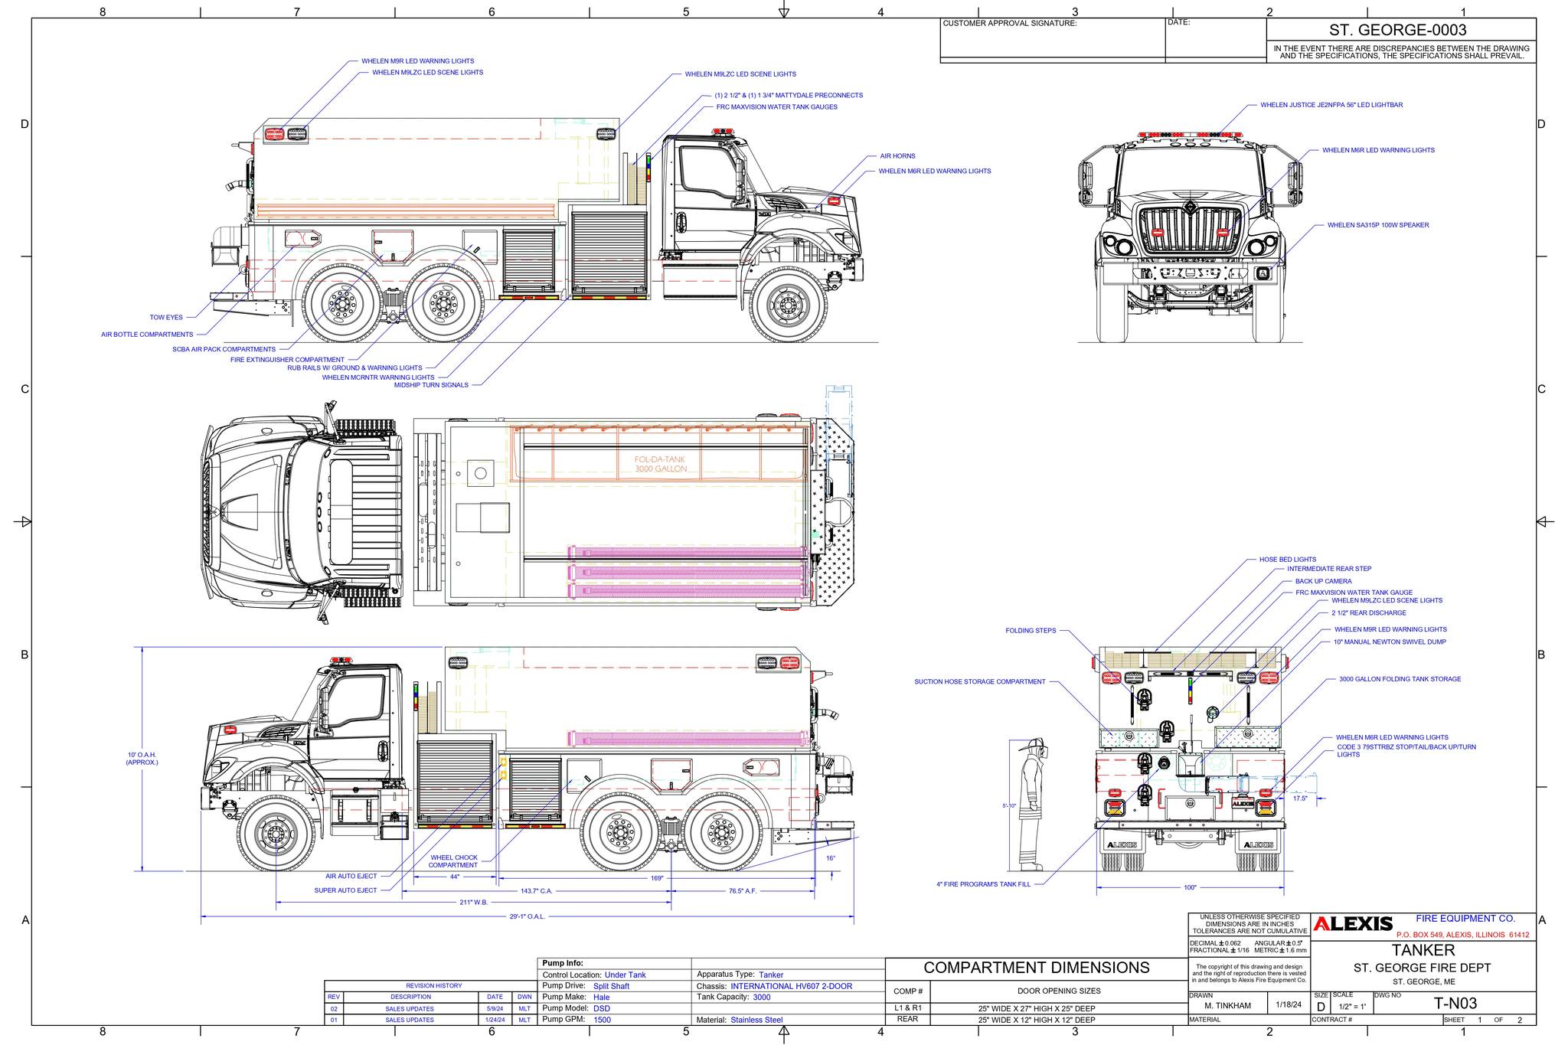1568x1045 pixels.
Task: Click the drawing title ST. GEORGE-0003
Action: click(1402, 30)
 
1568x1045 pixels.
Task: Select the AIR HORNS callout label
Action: click(898, 156)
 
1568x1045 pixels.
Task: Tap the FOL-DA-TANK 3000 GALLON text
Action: click(660, 464)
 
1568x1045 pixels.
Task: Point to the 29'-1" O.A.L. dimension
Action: click(527, 916)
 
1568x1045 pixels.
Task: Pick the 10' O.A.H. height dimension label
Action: click(142, 759)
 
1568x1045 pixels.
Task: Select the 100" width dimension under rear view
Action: click(1190, 888)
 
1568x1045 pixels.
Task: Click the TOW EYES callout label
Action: click(166, 317)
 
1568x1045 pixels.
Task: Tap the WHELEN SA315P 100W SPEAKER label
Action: click(1377, 225)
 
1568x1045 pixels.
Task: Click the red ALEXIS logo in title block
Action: click(1353, 924)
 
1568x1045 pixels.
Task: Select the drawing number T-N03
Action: click(1455, 1004)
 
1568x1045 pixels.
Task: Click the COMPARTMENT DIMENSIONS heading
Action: click(1037, 968)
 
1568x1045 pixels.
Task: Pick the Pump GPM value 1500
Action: click(603, 1020)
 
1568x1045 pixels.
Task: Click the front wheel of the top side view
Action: click(788, 305)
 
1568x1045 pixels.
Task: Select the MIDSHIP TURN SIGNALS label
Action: click(431, 385)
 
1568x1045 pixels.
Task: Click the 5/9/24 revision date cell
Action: click(495, 1009)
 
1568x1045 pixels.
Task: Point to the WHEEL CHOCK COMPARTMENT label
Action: click(453, 861)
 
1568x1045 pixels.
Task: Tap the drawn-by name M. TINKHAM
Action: click(1227, 1005)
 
